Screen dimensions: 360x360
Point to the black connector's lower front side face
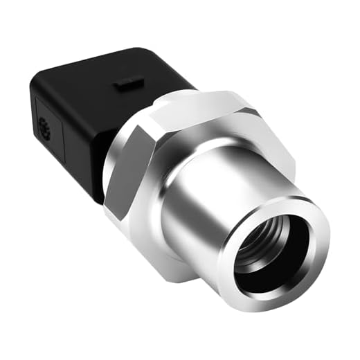(97, 152)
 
